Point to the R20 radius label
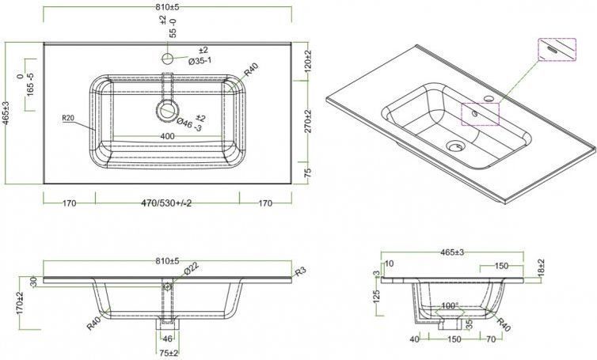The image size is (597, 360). coord(69,118)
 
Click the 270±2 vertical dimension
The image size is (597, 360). coord(310,121)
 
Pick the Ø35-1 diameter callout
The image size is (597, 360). coord(200,60)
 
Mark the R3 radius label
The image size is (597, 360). coord(301,272)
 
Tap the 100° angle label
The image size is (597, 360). coord(450,305)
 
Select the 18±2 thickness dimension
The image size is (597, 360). coord(541,270)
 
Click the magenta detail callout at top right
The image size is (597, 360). coord(558,49)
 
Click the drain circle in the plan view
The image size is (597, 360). coord(168,111)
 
